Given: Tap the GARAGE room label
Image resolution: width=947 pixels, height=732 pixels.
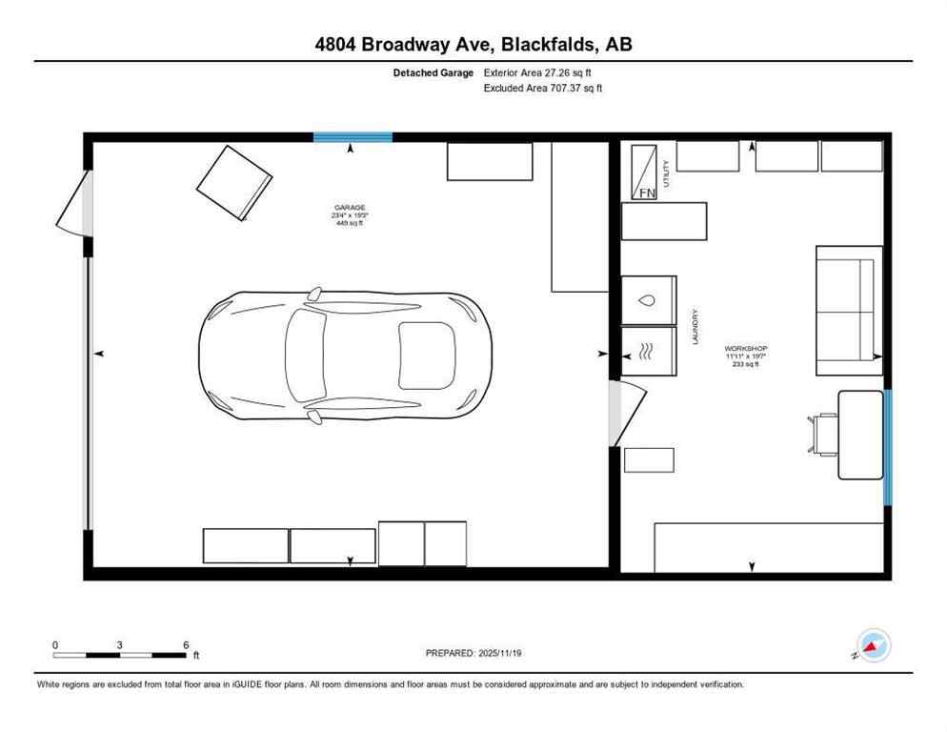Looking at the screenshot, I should tap(349, 208).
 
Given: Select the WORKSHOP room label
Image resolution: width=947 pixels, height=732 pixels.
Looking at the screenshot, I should tap(745, 349).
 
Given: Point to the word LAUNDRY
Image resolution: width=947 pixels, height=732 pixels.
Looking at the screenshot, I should tap(695, 327).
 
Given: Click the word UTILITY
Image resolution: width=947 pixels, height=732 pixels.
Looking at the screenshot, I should tap(667, 173).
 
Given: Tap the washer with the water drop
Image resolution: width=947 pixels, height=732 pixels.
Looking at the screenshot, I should tap(648, 300).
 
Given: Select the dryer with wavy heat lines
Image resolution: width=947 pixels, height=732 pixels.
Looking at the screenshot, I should tap(648, 350).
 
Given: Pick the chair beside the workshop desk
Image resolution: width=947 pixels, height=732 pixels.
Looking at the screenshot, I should tap(821, 434).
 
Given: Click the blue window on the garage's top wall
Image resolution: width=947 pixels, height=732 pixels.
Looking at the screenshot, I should tap(353, 137).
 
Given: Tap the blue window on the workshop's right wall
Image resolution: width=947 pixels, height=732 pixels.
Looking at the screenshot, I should tap(887, 446).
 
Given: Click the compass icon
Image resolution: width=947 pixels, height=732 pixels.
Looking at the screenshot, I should tap(874, 645).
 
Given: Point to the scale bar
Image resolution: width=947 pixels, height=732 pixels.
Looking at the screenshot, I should tap(120, 654).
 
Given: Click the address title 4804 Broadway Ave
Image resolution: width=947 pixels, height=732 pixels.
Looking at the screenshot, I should tap(473, 44).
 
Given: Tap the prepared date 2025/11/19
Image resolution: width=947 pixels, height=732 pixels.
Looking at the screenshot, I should tap(473, 653).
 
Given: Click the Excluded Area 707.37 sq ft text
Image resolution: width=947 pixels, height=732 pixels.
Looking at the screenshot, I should tap(543, 88).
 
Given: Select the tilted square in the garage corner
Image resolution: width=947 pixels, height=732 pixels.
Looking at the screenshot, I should tap(233, 182).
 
